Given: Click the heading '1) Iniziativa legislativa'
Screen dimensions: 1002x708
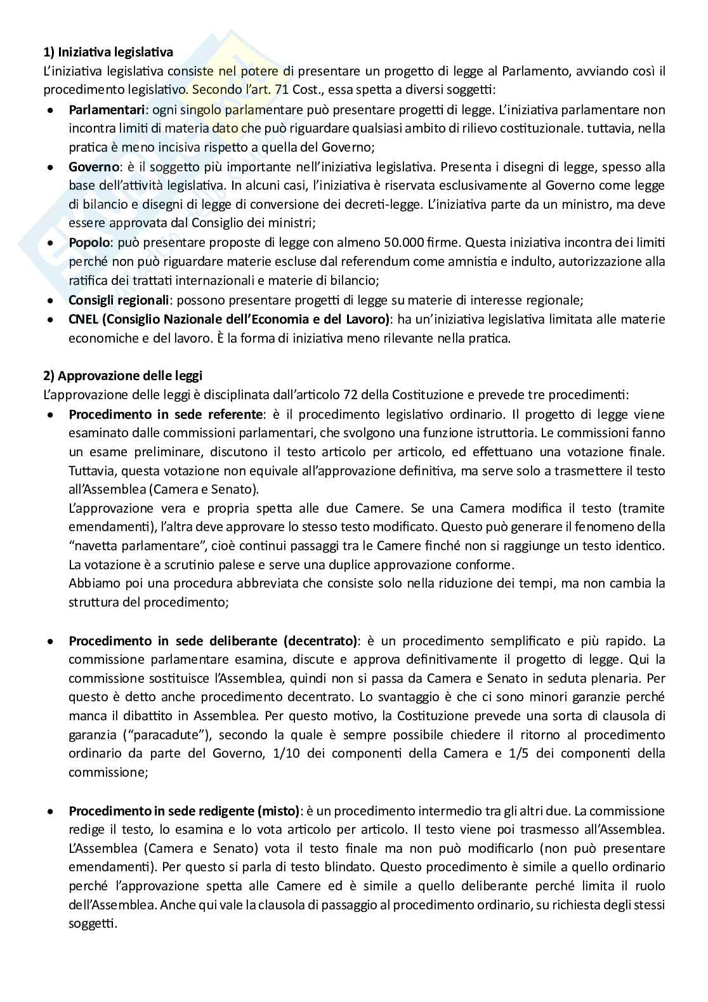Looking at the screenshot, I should [x=108, y=52].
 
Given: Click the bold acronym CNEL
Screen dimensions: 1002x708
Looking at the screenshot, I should [x=83, y=319].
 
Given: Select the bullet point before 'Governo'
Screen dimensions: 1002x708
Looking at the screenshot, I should [x=49, y=167].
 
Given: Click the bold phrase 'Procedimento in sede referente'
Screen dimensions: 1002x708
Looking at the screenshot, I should [x=166, y=414].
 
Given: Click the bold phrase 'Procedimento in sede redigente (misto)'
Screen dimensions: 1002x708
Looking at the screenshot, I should [x=184, y=810].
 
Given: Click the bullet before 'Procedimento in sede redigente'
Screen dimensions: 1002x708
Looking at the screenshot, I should [x=49, y=811].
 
